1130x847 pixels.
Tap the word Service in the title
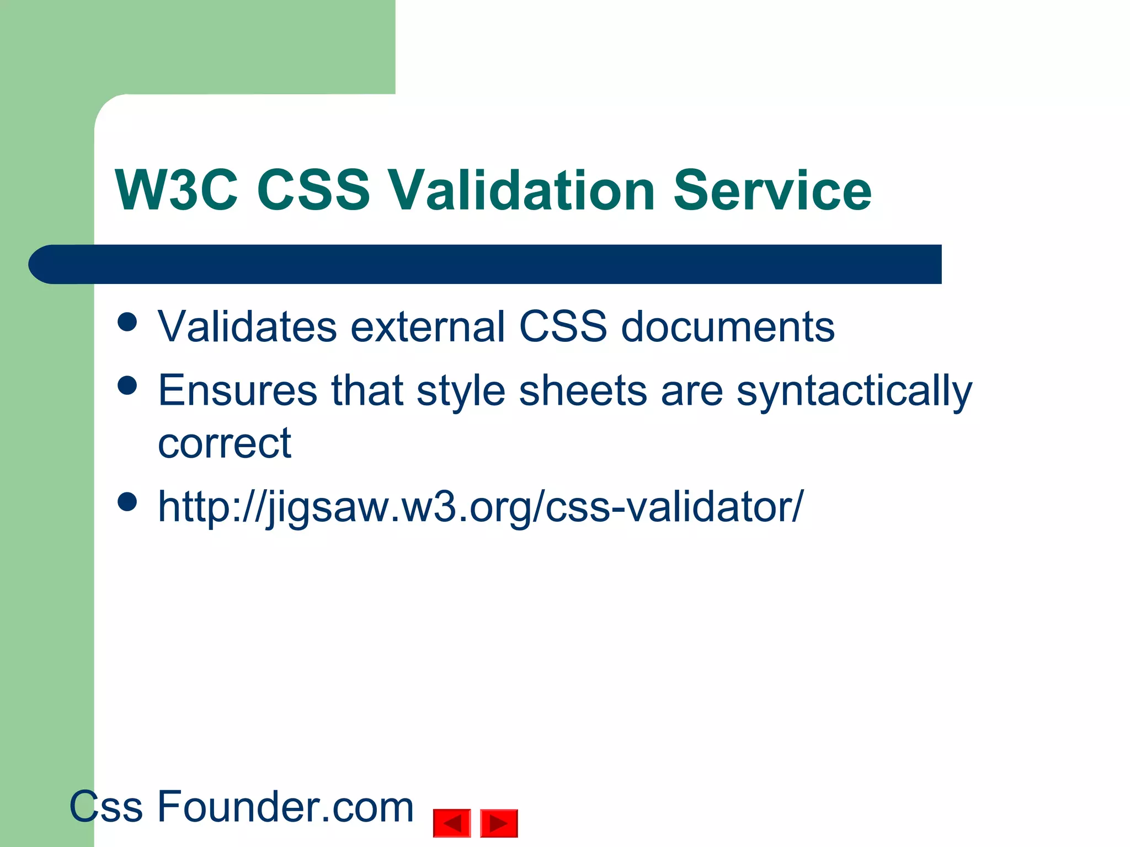[x=772, y=190]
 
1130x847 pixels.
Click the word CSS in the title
[x=313, y=190]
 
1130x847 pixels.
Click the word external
[x=428, y=326]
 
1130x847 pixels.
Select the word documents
[x=728, y=326]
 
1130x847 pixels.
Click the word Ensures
[x=237, y=390]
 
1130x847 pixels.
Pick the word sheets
[x=583, y=390]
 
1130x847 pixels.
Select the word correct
[x=225, y=443]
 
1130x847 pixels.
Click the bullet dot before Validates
[x=127, y=322]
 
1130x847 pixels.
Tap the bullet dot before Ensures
[x=127, y=385]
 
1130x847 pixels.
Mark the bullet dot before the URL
[x=127, y=502]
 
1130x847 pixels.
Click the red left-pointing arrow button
[x=452, y=823]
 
